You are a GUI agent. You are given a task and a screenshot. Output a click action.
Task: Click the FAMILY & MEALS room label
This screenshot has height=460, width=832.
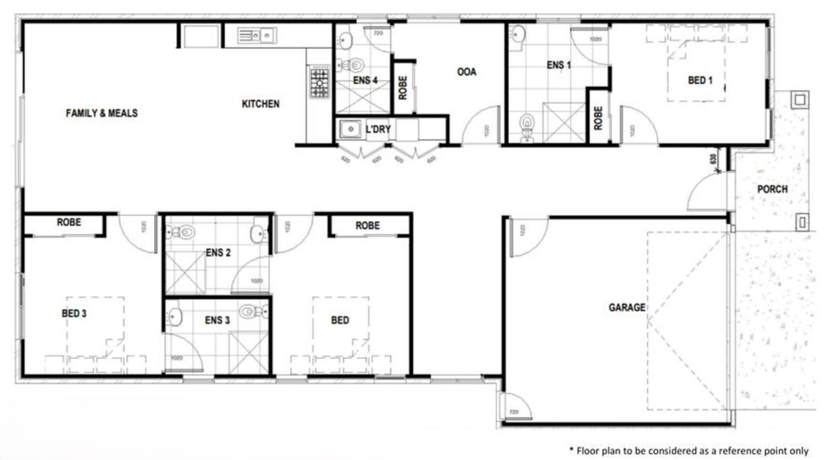(102, 113)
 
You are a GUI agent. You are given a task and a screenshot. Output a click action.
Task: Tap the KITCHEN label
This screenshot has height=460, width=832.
(260, 104)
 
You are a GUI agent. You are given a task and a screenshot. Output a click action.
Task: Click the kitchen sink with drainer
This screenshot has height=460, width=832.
(256, 36)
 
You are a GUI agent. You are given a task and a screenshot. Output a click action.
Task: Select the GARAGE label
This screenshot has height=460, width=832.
(626, 307)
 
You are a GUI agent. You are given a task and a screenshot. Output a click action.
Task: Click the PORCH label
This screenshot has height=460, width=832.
(772, 189)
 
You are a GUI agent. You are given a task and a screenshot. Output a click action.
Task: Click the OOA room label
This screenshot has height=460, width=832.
(466, 72)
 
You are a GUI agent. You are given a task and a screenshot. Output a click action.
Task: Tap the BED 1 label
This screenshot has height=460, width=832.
(700, 80)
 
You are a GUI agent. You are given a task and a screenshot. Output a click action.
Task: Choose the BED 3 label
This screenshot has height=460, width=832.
(74, 313)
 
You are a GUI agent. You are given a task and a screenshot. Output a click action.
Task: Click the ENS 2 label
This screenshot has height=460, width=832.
(218, 253)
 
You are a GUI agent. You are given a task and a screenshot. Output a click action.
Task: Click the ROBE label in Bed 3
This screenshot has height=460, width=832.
(69, 222)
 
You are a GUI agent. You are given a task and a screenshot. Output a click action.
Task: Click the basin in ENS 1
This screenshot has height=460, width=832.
(518, 34)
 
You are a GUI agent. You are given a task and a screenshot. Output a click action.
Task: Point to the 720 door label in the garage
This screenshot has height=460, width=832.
(513, 412)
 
